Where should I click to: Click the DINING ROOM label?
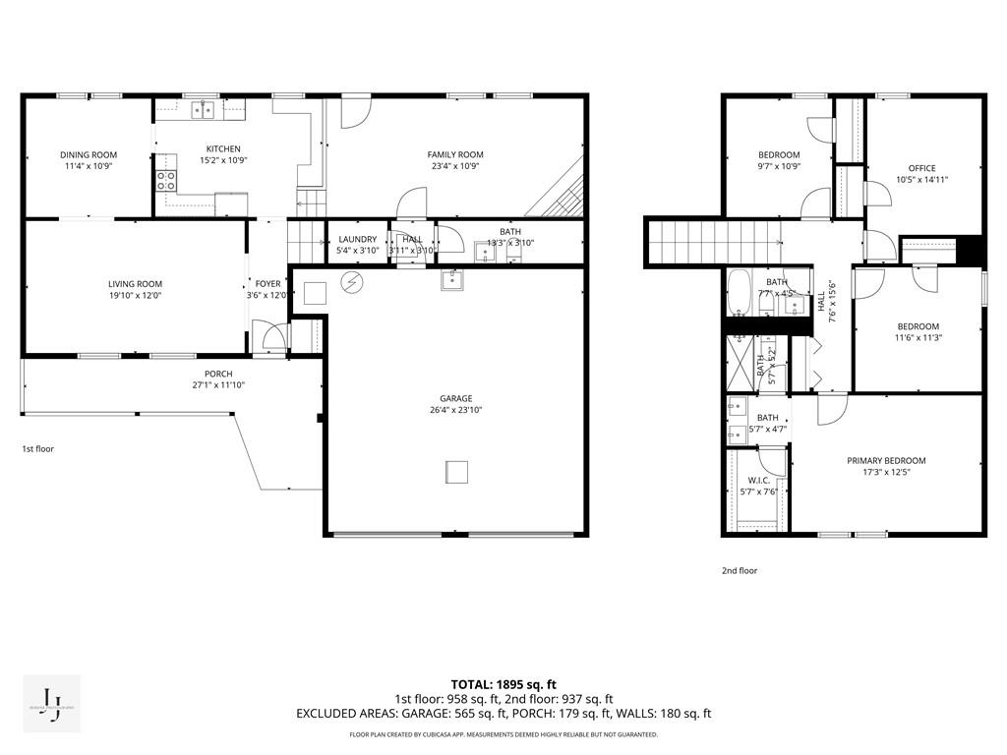click(89, 154)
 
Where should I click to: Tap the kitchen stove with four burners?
click(166, 180)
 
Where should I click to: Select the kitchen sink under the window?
click(204, 109)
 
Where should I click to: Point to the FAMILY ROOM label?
click(455, 154)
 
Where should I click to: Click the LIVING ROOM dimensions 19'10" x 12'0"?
click(135, 296)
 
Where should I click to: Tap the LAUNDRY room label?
click(357, 239)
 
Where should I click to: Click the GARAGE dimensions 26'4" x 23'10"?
click(455, 410)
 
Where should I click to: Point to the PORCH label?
click(218, 374)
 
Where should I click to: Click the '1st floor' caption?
click(38, 448)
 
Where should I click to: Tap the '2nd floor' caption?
click(740, 570)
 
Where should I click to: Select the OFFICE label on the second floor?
click(922, 168)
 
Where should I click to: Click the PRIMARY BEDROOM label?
click(886, 460)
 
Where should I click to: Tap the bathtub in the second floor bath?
click(740, 293)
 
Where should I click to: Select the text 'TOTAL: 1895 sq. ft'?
click(503, 684)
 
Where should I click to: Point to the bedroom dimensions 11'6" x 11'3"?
click(918, 338)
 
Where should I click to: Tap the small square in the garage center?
click(457, 473)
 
